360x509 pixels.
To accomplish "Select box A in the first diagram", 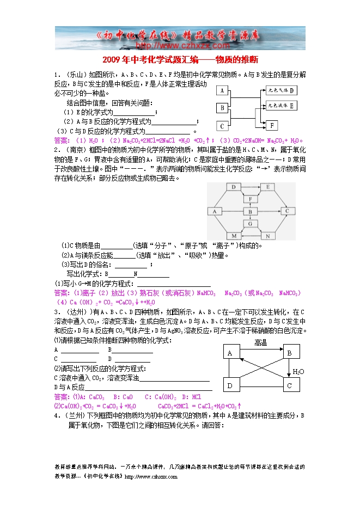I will pyautogui.click(x=222, y=91).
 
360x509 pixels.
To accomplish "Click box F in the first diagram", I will pyautogui.click(x=271, y=125).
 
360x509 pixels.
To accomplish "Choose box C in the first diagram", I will pyautogui.click(x=222, y=126).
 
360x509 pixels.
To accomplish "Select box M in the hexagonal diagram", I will pyautogui.click(x=234, y=235).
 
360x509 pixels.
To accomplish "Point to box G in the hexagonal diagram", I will pyautogui.click(x=251, y=223).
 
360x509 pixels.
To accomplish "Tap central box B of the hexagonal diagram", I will pyautogui.click(x=251, y=211).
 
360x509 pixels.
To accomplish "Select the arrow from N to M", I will pyautogui.click(x=251, y=235).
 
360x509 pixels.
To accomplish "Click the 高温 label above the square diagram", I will pyautogui.click(x=260, y=342).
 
